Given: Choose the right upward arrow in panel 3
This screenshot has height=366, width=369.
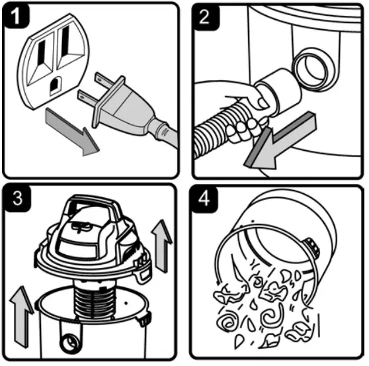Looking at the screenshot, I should click(x=161, y=246).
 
